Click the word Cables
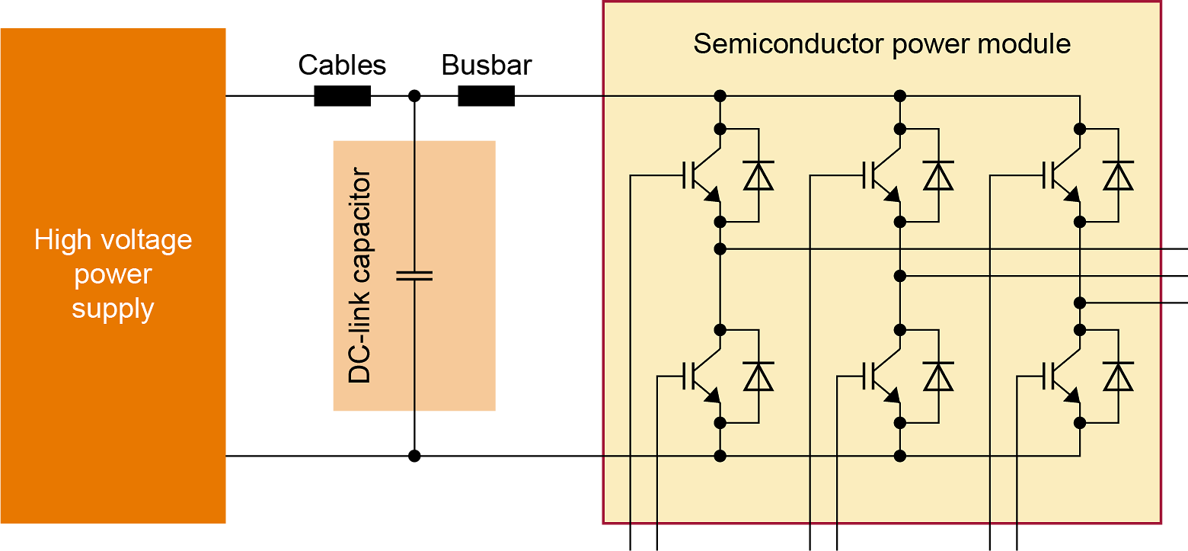click(x=342, y=65)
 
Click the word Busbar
click(x=486, y=65)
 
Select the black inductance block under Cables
click(x=342, y=96)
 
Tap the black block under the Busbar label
click(x=486, y=96)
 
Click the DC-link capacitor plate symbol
click(x=414, y=275)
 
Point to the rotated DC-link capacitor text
click(x=359, y=275)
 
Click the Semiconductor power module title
click(x=881, y=43)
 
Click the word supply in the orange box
click(x=113, y=309)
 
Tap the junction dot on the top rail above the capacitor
click(x=414, y=96)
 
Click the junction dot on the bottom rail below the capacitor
click(x=414, y=456)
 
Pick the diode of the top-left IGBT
click(x=758, y=175)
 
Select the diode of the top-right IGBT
click(x=1118, y=175)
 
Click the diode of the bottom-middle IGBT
click(x=938, y=376)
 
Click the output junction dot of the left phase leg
click(x=720, y=248)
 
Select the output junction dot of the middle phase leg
click(x=900, y=275)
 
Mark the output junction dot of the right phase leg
click(x=1080, y=303)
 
